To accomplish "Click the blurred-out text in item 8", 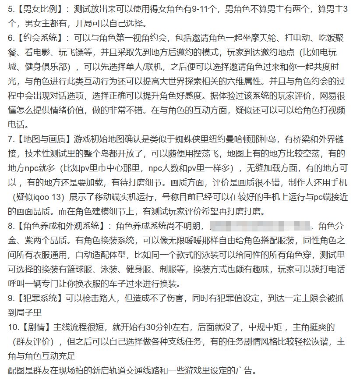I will click(261, 227).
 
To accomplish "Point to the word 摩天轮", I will click(268, 38).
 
